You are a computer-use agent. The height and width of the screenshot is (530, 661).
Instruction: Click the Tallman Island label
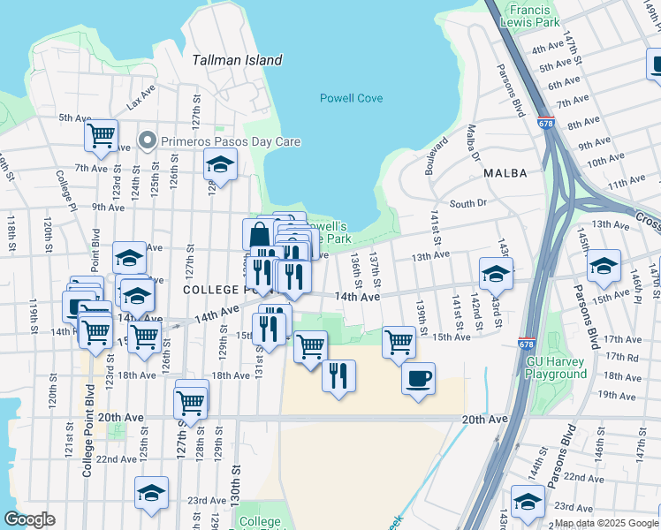click(x=238, y=60)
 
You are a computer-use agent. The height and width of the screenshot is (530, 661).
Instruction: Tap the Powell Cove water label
click(x=351, y=98)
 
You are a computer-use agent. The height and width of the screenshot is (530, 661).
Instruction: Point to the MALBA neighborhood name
click(x=505, y=174)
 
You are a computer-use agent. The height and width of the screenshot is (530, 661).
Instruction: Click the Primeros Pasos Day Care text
click(x=230, y=141)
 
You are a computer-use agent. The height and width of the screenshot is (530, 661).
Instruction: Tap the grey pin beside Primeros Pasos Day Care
click(x=148, y=141)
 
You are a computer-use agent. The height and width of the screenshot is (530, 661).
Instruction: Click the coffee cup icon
click(x=418, y=377)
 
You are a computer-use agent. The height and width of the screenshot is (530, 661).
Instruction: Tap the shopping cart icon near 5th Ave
click(x=102, y=135)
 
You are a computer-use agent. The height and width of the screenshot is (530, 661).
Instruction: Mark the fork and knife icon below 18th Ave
click(x=338, y=375)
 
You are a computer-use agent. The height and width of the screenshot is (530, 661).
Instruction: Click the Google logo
click(x=30, y=519)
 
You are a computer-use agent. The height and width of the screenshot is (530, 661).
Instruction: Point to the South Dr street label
click(x=468, y=203)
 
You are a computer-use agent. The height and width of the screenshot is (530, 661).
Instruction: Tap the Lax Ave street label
click(x=141, y=96)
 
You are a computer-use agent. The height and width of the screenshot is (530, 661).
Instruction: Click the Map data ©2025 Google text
click(x=605, y=523)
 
